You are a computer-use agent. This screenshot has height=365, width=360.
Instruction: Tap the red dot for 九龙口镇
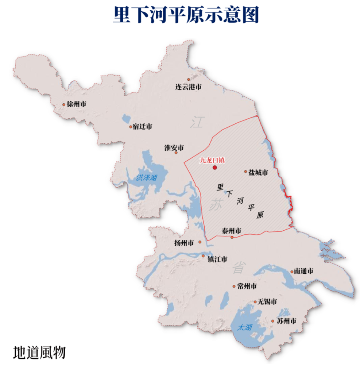[215, 168]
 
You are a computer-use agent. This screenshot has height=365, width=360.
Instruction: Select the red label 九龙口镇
[213, 160]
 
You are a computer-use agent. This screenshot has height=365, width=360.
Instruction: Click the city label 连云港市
[188, 87]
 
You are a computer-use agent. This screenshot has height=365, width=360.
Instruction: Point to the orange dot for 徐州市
[64, 104]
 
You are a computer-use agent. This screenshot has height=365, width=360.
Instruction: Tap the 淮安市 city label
[174, 148]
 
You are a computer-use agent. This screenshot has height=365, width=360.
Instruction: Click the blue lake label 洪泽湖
[146, 178]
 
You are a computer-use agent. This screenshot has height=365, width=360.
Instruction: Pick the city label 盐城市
[259, 172]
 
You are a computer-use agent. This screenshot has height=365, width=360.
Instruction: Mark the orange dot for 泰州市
[232, 237]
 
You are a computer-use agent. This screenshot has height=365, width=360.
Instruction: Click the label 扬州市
[184, 243]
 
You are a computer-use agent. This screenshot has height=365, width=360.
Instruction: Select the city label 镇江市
[217, 260]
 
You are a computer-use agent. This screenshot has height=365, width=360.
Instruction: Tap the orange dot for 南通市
[292, 272]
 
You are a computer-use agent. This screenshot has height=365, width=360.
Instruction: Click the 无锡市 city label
[267, 302]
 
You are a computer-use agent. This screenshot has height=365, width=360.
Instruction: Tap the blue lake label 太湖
[244, 327]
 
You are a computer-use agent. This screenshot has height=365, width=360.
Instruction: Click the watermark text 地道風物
[39, 353]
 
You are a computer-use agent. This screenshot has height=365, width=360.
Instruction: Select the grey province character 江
[197, 122]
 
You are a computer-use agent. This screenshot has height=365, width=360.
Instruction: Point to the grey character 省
[238, 268]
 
